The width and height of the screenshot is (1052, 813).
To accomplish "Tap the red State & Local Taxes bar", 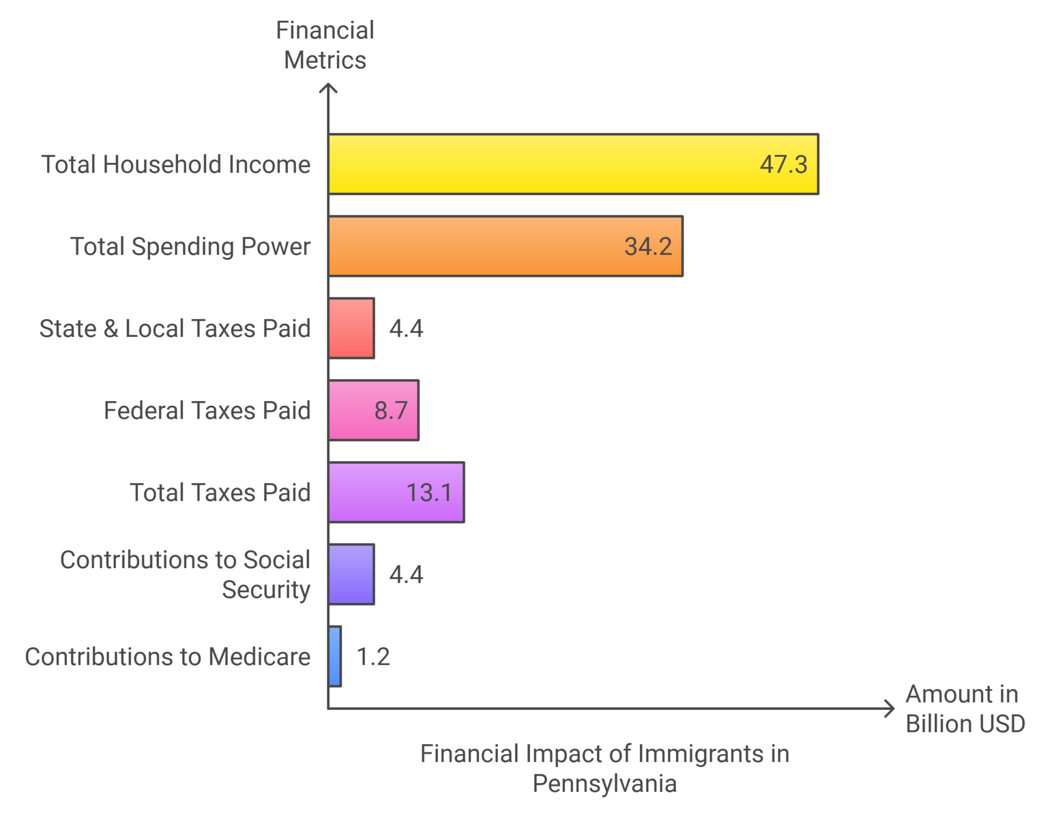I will pos(351,328).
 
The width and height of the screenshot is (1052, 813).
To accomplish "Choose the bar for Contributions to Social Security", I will pos(351,574).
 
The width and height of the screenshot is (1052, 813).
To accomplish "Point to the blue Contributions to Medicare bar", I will pos(335,656).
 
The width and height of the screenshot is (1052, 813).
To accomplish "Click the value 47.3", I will pos(783,165).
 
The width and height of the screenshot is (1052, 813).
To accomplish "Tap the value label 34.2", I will pos(648,247).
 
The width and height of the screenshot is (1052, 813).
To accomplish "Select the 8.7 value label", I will pos(391,411).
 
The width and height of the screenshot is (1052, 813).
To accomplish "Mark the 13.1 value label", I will pos(429,493).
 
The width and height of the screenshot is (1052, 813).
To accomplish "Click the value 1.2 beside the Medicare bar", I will pos(373,657).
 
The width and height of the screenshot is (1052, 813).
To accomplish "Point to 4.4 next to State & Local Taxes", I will pos(406,329).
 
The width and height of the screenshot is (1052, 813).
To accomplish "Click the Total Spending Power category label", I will pos(190,247).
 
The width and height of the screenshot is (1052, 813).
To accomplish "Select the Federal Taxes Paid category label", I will pos(207,411).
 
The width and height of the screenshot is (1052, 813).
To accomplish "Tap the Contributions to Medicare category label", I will pos(167,657).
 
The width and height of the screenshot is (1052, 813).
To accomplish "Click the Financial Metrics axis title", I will pos(325,45).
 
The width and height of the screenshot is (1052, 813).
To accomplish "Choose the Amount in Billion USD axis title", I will pos(965,709).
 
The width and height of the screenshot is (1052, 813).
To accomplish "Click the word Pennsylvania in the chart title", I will pos(604,784).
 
